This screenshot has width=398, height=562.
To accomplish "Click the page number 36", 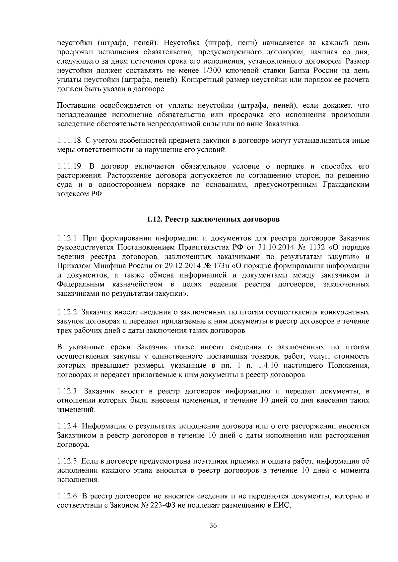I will [213, 526].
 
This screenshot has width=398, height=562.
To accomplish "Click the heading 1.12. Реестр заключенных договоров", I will [213, 219].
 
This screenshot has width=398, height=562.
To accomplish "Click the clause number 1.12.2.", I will [68, 312].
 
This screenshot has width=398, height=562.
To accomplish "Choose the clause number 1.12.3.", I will [68, 391].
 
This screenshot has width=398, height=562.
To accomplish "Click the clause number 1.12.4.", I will [68, 426].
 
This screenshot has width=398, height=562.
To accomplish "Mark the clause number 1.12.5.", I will [68, 461].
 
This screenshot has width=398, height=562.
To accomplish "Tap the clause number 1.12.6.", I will [68, 496].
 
